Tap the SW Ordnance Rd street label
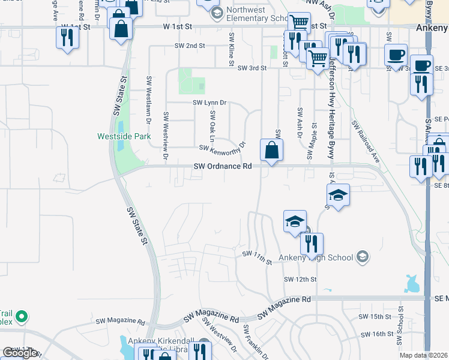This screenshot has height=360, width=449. pyautogui.click(x=222, y=167)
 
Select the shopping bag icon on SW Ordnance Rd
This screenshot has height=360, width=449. pyautogui.click(x=271, y=151)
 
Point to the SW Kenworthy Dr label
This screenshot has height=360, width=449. pyautogui.click(x=223, y=146)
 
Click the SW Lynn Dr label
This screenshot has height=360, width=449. pyautogui.click(x=209, y=103)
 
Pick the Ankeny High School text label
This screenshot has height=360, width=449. pyautogui.click(x=322, y=257)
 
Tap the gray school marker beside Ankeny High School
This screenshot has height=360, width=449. pyautogui.click(x=362, y=257)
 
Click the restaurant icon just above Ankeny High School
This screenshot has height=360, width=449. pyautogui.click(x=311, y=243)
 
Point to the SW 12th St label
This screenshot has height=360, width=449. pyautogui.click(x=300, y=279)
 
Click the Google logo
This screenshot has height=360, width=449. pyautogui.click(x=20, y=352)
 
